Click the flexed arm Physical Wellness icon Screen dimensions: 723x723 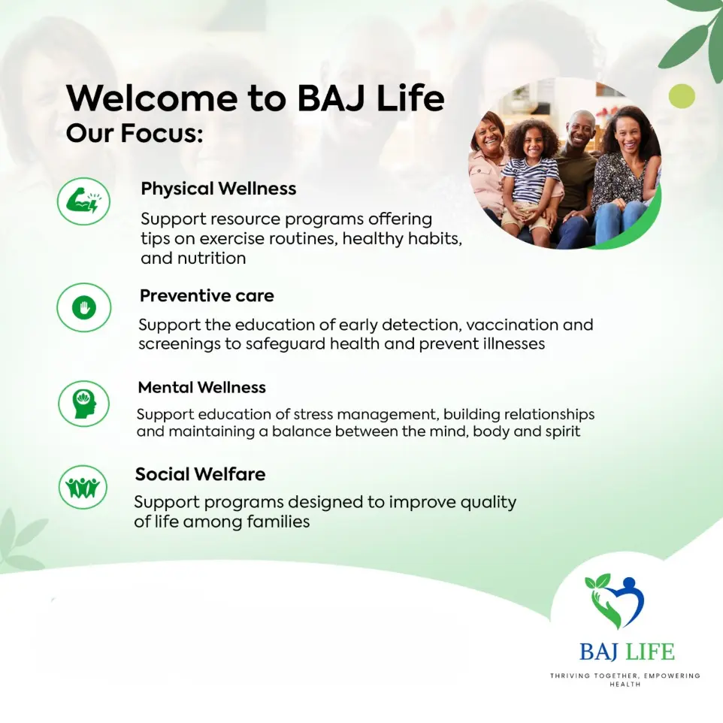point(83,201)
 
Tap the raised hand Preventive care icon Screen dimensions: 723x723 point(84,307)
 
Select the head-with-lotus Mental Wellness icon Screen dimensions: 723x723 point(84,404)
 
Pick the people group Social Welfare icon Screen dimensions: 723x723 point(83,487)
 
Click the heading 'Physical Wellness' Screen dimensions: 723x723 point(219,189)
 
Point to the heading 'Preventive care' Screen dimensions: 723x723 point(207,295)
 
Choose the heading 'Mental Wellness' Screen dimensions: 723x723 point(202,387)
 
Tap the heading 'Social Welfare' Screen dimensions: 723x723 point(200,474)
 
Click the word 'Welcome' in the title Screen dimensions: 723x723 point(152,98)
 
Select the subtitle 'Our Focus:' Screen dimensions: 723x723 point(135,133)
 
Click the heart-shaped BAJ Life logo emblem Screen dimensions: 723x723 point(615,601)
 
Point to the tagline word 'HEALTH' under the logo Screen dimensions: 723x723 point(625,685)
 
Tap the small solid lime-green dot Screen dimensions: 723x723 point(682,96)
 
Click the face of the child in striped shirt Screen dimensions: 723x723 point(531,144)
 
